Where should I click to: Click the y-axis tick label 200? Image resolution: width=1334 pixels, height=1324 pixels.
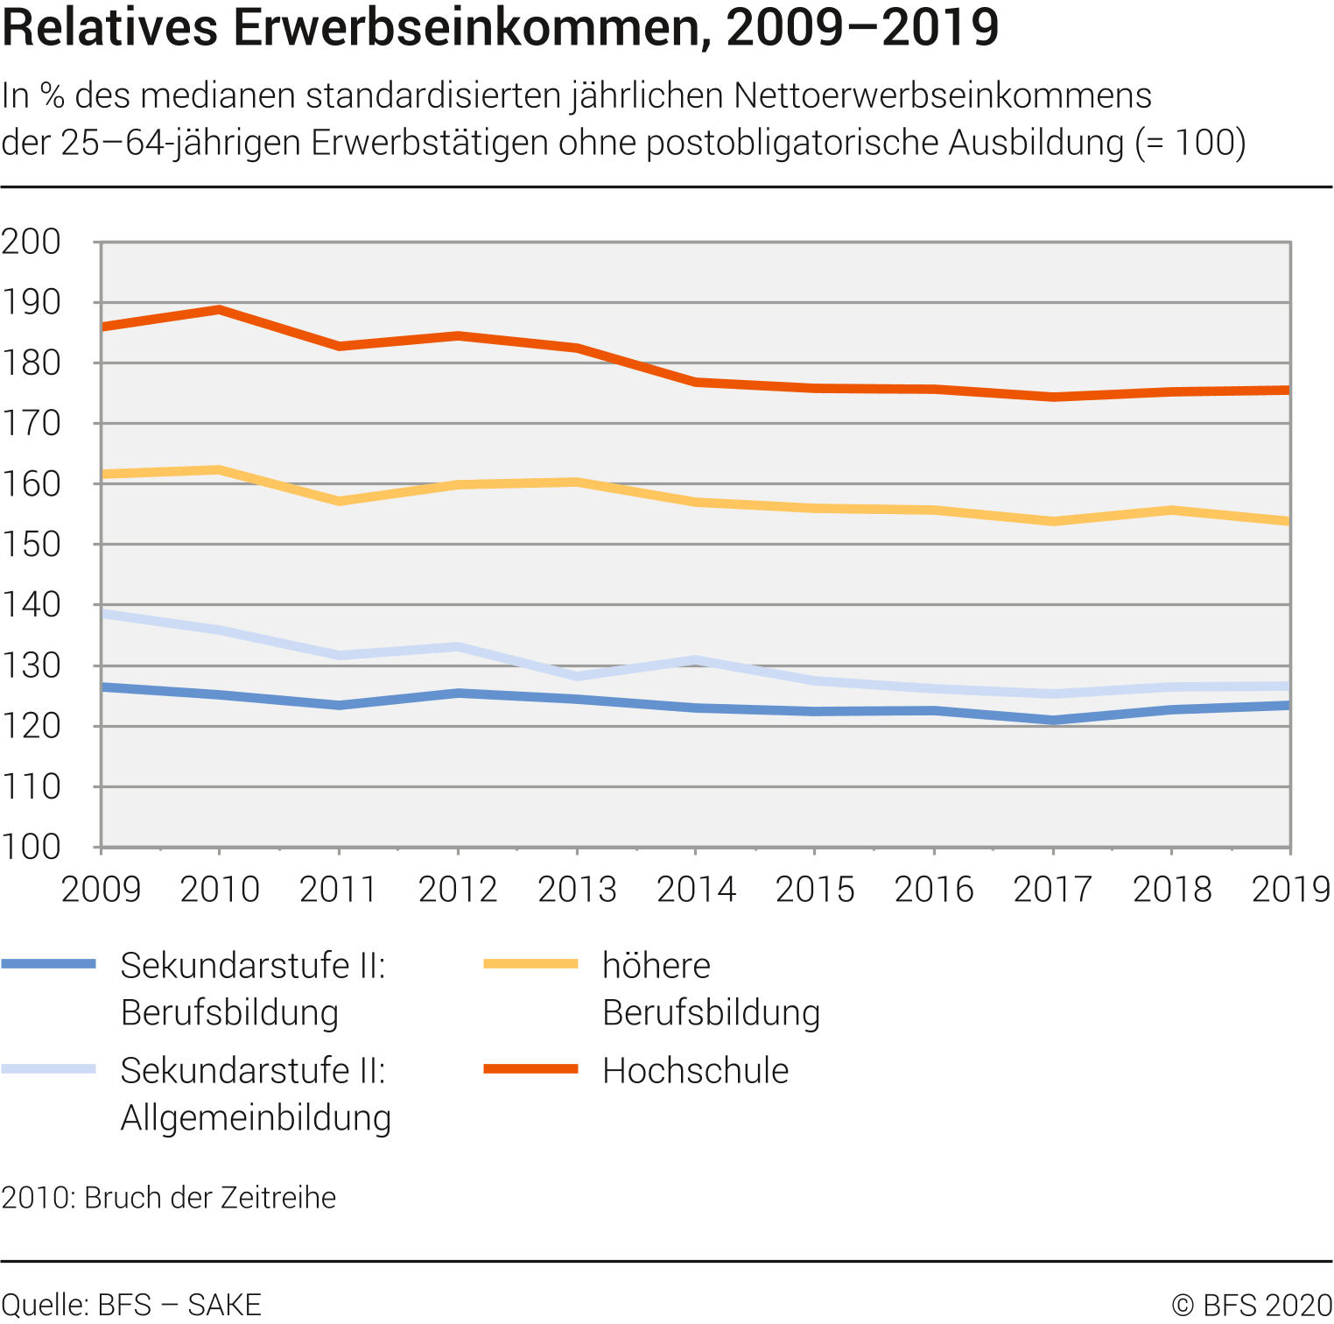click(x=32, y=242)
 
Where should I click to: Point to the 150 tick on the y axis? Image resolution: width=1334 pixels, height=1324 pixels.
click(x=32, y=545)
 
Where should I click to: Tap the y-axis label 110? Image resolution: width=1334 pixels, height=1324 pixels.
click(x=32, y=787)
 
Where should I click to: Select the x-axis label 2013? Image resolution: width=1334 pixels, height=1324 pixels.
click(x=577, y=890)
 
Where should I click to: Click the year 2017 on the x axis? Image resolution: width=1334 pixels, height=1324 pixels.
click(x=1053, y=890)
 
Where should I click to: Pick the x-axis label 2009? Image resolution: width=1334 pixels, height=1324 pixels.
click(x=101, y=890)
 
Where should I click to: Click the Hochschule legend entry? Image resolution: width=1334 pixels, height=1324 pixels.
click(x=695, y=1071)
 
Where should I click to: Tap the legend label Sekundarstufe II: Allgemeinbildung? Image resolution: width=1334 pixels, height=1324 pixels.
click(x=255, y=1094)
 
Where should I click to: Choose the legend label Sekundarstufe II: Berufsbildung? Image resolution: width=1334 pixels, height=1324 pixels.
click(x=253, y=989)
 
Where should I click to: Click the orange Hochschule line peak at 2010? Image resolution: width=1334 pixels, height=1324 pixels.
click(x=220, y=310)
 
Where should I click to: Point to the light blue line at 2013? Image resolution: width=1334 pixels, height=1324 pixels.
click(x=577, y=676)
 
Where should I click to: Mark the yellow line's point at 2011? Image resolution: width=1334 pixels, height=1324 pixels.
click(x=339, y=501)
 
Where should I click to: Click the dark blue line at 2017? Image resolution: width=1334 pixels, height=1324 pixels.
click(x=1053, y=721)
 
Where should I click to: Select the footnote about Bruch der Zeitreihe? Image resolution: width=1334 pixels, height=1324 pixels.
click(x=169, y=1197)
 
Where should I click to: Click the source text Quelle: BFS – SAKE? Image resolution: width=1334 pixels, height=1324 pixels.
click(x=131, y=1305)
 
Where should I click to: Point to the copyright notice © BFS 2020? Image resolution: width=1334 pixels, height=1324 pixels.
click(x=1252, y=1305)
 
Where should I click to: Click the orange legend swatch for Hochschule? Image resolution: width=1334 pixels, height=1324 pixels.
click(x=530, y=1069)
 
